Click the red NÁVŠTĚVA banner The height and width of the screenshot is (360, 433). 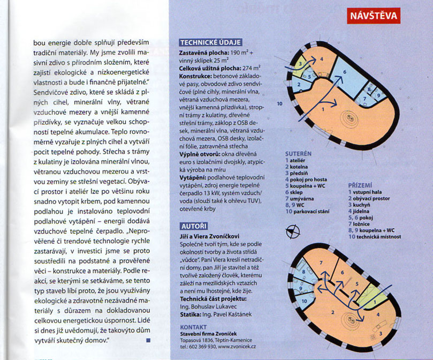coord(373,16)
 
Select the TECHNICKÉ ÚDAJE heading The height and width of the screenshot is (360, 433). coord(211,43)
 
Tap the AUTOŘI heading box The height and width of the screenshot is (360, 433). coord(193,225)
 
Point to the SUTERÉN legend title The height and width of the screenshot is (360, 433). coord(298,153)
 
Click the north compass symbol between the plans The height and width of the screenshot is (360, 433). coord(292,232)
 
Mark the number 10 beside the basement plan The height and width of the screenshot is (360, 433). coord(279,103)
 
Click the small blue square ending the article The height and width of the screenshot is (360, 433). coord(148,340)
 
